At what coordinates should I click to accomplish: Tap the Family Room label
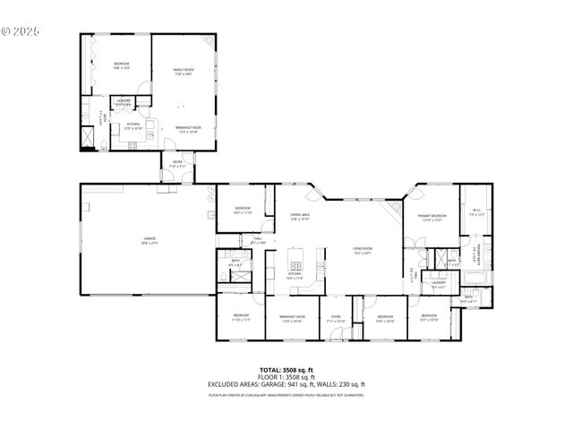(x=184, y=72)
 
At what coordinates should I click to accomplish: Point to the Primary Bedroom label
(x=432, y=218)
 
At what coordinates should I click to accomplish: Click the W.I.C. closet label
(x=476, y=213)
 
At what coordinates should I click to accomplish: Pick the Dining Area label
(x=299, y=217)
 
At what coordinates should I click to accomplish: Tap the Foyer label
(x=336, y=318)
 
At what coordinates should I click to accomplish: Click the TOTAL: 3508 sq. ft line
(x=286, y=369)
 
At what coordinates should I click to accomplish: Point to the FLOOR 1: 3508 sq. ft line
(x=286, y=377)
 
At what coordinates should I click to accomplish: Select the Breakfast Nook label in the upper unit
(x=188, y=130)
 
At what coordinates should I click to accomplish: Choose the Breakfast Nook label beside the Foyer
(x=292, y=318)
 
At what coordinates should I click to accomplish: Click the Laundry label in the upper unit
(x=123, y=101)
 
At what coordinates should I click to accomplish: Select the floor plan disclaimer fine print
(x=286, y=394)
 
